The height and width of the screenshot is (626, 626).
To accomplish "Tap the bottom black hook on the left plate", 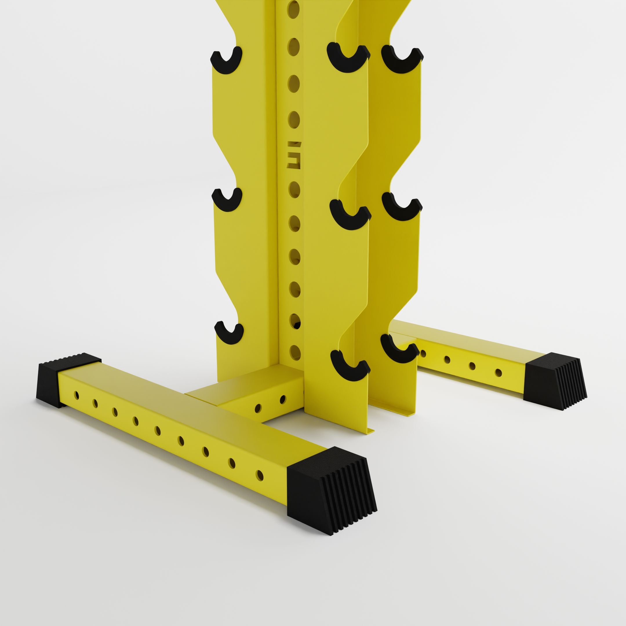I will click(x=229, y=334).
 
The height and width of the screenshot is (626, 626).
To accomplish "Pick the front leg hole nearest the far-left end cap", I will click(x=77, y=395).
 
